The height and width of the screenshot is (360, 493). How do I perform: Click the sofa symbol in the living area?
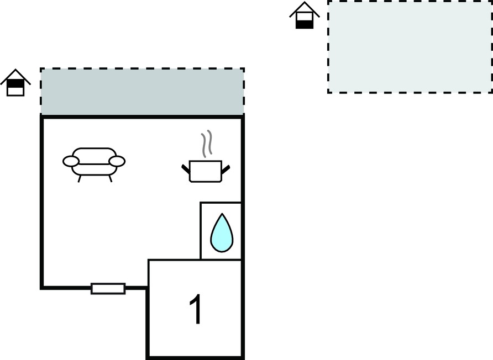pyautogui.click(x=94, y=164)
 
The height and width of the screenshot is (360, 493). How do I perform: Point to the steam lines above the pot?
pyautogui.click(x=207, y=144)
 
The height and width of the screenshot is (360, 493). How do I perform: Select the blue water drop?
pyautogui.click(x=222, y=233)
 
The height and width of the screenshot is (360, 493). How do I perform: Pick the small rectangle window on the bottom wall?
pyautogui.click(x=108, y=288)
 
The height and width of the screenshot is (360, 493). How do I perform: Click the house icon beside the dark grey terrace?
pyautogui.click(x=15, y=82)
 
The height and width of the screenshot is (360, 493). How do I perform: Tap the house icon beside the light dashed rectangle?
pyautogui.click(x=305, y=15)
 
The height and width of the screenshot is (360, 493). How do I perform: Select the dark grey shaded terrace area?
pyautogui.click(x=143, y=91)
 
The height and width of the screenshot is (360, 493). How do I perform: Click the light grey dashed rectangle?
pyautogui.click(x=410, y=46)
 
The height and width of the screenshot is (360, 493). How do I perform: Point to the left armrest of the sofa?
pyautogui.click(x=71, y=161)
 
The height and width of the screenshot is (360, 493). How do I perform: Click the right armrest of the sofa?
pyautogui.click(x=117, y=161)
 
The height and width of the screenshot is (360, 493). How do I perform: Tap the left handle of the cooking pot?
pyautogui.click(x=186, y=169)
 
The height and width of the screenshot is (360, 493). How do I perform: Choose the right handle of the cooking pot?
pyautogui.click(x=225, y=170)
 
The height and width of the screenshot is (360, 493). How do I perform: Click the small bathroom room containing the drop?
pyautogui.click(x=221, y=231)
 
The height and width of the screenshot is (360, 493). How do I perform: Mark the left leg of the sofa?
pyautogui.click(x=80, y=179)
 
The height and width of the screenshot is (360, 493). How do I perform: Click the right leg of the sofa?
pyautogui.click(x=110, y=179)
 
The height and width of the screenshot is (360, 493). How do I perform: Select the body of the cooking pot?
pyautogui.click(x=206, y=171)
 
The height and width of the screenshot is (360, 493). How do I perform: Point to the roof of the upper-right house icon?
pyautogui.click(x=305, y=9)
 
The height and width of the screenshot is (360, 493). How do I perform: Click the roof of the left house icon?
pyautogui.click(x=15, y=76)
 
